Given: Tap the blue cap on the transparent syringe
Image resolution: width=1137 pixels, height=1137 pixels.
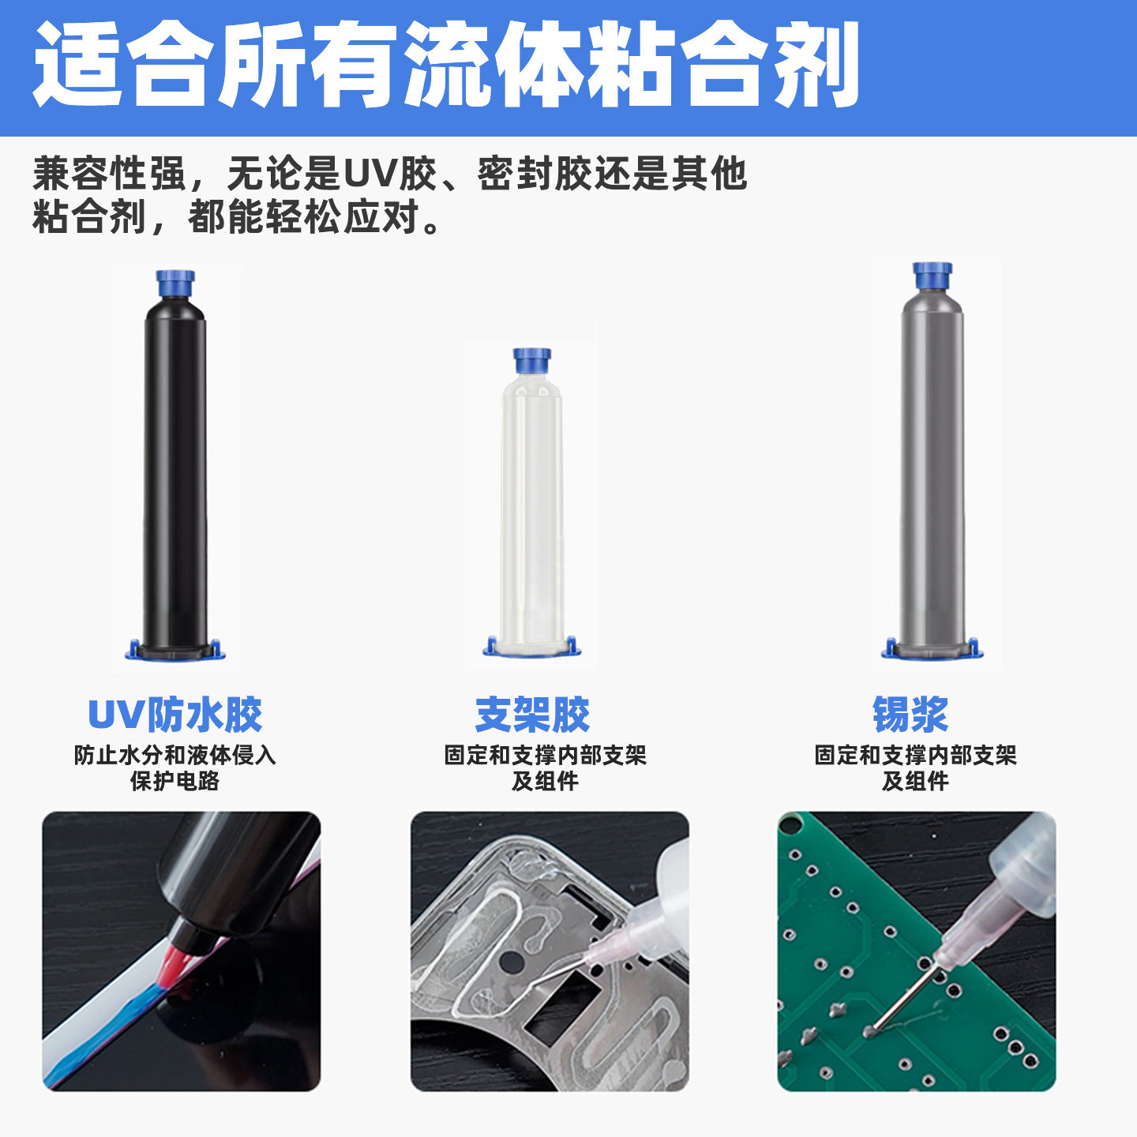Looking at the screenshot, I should coord(532,360).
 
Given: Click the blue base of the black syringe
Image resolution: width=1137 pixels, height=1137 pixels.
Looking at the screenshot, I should coord(175,651).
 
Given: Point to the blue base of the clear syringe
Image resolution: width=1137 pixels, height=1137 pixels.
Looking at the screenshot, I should coord(531,647).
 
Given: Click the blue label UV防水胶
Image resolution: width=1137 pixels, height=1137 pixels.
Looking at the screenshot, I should coord(174,715).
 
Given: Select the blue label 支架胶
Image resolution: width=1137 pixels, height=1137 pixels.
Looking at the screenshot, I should coord(532,715).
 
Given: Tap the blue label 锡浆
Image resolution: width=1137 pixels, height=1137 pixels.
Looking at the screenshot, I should coord(910,715).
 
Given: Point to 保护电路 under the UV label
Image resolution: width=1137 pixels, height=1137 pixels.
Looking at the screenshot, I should coord(174,781).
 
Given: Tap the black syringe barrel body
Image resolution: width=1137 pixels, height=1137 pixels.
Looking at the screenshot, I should coord(175,474).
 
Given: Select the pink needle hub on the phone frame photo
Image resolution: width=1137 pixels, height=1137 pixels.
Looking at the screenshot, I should coord(608,944).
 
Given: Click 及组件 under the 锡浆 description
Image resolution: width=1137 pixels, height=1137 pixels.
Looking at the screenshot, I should coord(915,781).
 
